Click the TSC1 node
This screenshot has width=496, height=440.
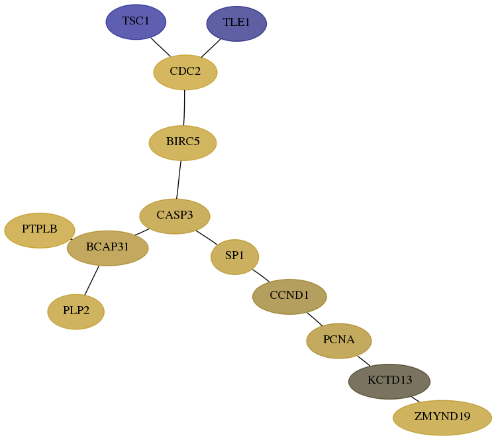pos(136,22)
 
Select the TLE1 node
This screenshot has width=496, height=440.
pos(236,23)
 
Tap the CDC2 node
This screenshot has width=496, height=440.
pos(185,72)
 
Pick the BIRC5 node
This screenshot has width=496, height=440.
pos(183,143)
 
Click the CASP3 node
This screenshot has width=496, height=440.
pos(175,217)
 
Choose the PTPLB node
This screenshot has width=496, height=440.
pos(40,231)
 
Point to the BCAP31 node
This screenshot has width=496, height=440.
pos(107,248)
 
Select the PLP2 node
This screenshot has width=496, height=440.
pos(76,312)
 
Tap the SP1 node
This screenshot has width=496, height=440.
pos(234,256)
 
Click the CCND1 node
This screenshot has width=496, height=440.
pos(289,297)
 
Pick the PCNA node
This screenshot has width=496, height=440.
pos(339,341)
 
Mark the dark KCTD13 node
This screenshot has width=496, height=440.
pos(389,382)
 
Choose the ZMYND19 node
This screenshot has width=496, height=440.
pos(442,418)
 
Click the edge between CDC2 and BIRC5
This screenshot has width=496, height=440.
pos(184,107)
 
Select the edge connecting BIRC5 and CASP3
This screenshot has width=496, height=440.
pos(179,180)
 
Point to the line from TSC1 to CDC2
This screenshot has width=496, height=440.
pos(160,48)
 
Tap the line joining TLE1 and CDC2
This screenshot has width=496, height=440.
pos(211,48)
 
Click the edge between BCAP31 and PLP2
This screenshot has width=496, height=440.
pos(92,280)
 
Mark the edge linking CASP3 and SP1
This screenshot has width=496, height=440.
pos(207,237)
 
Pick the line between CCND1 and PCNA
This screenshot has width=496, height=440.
pos(315,319)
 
